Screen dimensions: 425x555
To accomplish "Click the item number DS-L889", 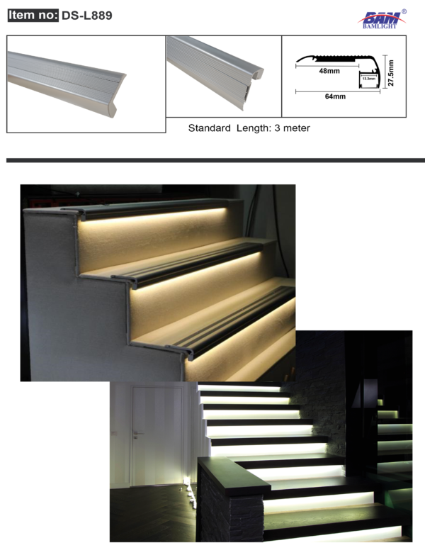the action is [86, 15].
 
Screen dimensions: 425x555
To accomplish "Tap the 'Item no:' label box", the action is [33, 15].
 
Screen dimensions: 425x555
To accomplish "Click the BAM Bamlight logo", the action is [381, 19].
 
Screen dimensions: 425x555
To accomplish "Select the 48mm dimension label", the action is [329, 71].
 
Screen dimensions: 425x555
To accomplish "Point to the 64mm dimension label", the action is [335, 96].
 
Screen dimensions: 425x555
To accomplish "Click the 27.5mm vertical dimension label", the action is [391, 73].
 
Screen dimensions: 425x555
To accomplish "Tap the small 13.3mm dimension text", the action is [369, 79].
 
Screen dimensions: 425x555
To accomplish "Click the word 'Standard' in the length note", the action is [210, 128].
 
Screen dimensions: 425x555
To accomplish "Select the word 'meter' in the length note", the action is [296, 128].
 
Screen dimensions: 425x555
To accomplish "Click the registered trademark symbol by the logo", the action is [404, 11].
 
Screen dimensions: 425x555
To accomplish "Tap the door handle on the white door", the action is [137, 433].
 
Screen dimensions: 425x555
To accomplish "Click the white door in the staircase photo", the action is [158, 436].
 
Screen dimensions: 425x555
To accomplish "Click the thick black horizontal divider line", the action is [215, 160].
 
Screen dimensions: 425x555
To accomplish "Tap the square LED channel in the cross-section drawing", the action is [369, 80].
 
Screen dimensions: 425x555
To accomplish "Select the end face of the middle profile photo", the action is [254, 85].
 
